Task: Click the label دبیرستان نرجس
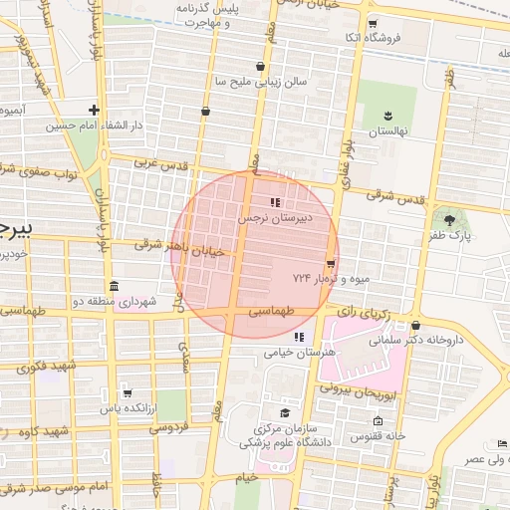tap(274, 216)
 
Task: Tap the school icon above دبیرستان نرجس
tap(275, 203)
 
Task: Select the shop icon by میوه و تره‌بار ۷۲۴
tap(330, 263)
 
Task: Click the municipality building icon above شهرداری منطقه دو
tap(114, 287)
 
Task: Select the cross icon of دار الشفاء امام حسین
tap(95, 111)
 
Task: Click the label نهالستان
tap(388, 131)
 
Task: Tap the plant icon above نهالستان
tap(388, 117)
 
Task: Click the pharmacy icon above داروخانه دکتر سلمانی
tap(415, 326)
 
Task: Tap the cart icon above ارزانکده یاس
tap(127, 393)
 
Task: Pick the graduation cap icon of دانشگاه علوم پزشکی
tap(284, 412)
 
